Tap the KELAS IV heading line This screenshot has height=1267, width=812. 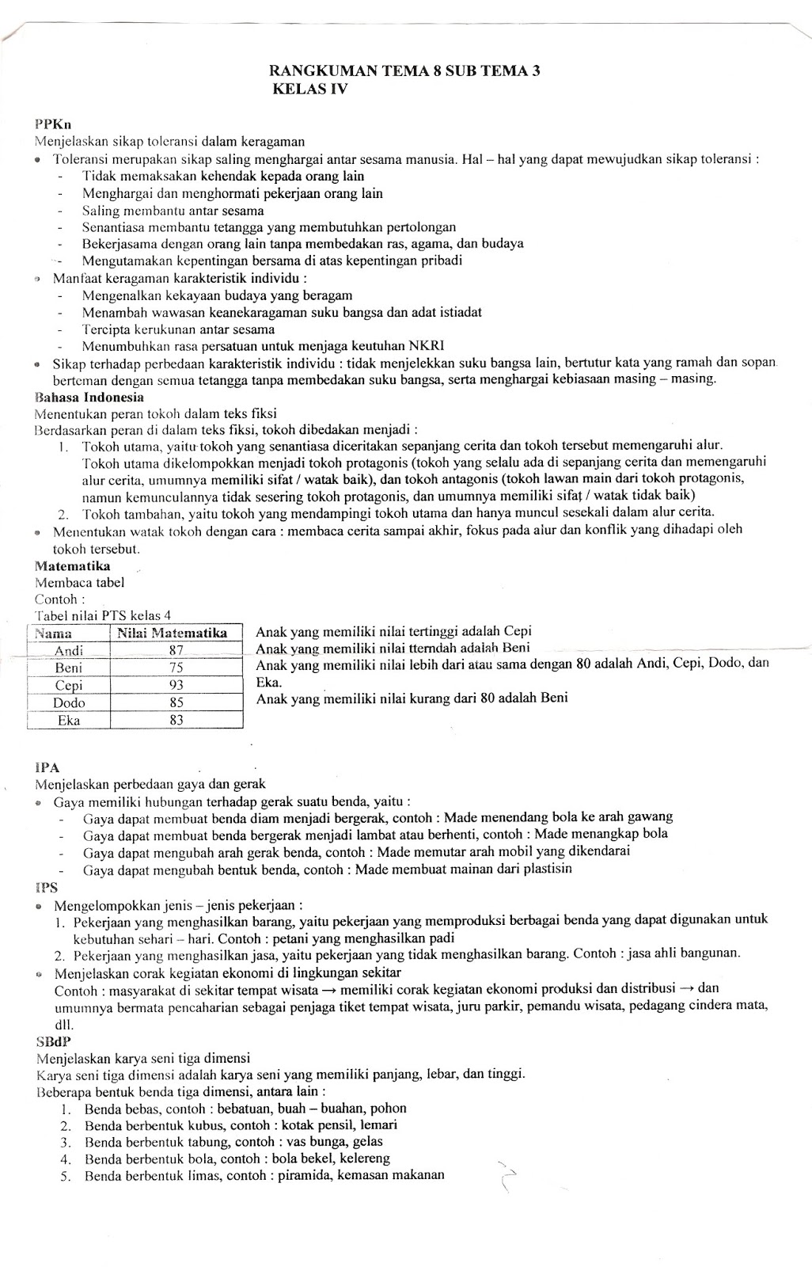310,89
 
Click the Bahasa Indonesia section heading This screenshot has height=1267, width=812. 89,397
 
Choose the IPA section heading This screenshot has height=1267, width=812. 47,767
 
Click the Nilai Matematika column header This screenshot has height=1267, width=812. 173,633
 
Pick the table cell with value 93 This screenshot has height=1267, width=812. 176,685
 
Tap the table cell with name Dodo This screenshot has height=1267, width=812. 69,702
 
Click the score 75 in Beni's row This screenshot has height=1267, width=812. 176,668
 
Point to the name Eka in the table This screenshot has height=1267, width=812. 69,720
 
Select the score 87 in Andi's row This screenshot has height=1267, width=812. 176,650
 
